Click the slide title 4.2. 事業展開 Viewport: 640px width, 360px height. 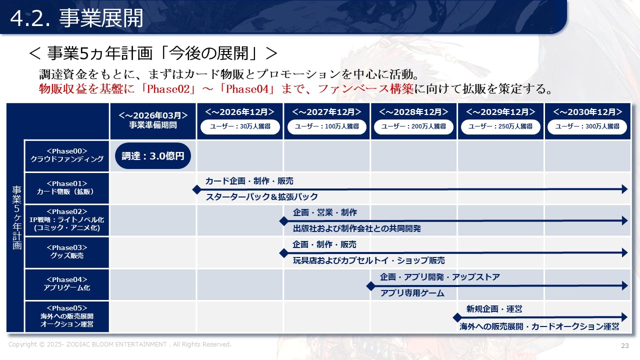(76, 18)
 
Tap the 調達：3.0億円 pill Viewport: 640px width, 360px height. (153, 155)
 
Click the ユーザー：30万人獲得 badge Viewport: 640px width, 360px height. (240, 126)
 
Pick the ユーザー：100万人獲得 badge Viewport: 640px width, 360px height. (327, 126)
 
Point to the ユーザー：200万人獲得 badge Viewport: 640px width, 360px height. (413, 126)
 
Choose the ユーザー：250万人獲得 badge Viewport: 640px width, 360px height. (500, 126)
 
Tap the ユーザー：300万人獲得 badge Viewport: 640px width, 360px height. (587, 126)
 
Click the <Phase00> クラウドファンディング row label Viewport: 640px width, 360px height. (67, 155)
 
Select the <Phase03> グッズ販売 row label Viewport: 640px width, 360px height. (67, 252)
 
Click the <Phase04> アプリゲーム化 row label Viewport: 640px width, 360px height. (67, 284)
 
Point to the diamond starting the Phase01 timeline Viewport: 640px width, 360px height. (197, 189)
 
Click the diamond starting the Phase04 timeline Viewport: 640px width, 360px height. (371, 286)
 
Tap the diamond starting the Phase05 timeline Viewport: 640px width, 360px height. (457, 317)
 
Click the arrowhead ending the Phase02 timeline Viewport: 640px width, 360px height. (624, 221)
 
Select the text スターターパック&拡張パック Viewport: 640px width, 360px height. (261, 197)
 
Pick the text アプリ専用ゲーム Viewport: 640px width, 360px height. (412, 293)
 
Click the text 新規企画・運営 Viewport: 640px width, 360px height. (494, 309)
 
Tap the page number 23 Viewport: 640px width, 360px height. (625, 345)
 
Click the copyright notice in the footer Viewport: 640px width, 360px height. (119, 344)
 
